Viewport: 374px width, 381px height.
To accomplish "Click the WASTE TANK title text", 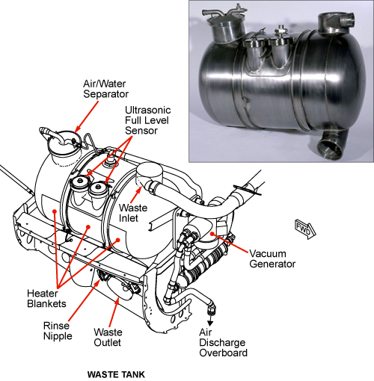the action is pyautogui.click(x=116, y=374).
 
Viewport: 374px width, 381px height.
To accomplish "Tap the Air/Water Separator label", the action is pyautogui.click(x=105, y=89).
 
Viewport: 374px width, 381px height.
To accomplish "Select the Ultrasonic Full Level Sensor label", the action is pyautogui.click(x=147, y=120).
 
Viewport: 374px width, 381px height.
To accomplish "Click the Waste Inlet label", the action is pyautogui.click(x=133, y=213).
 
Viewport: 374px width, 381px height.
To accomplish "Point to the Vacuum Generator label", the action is pyautogui.click(x=272, y=258).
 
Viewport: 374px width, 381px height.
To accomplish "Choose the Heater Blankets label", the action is pyautogui.click(x=46, y=298).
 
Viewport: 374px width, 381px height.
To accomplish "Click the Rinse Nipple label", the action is pyautogui.click(x=58, y=331).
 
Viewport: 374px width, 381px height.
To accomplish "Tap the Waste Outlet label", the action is pyautogui.click(x=108, y=338).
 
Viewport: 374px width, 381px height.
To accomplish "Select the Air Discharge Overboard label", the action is pyautogui.click(x=223, y=343).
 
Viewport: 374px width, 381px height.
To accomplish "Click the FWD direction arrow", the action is pyautogui.click(x=305, y=229).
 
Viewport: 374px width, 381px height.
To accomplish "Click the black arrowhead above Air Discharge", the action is pyautogui.click(x=210, y=323).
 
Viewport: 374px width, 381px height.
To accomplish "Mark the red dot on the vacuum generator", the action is pyautogui.click(x=212, y=234).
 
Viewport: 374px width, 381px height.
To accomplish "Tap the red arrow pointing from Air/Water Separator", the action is pyautogui.click(x=87, y=117).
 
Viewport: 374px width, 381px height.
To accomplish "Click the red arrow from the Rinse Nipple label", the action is pyautogui.click(x=84, y=300).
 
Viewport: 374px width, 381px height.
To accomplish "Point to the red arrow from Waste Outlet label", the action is pyautogui.click(x=114, y=313).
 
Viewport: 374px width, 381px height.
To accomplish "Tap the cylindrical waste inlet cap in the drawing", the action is pyautogui.click(x=150, y=174).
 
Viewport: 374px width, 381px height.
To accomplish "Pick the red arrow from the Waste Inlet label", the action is pyautogui.click(x=136, y=195).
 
